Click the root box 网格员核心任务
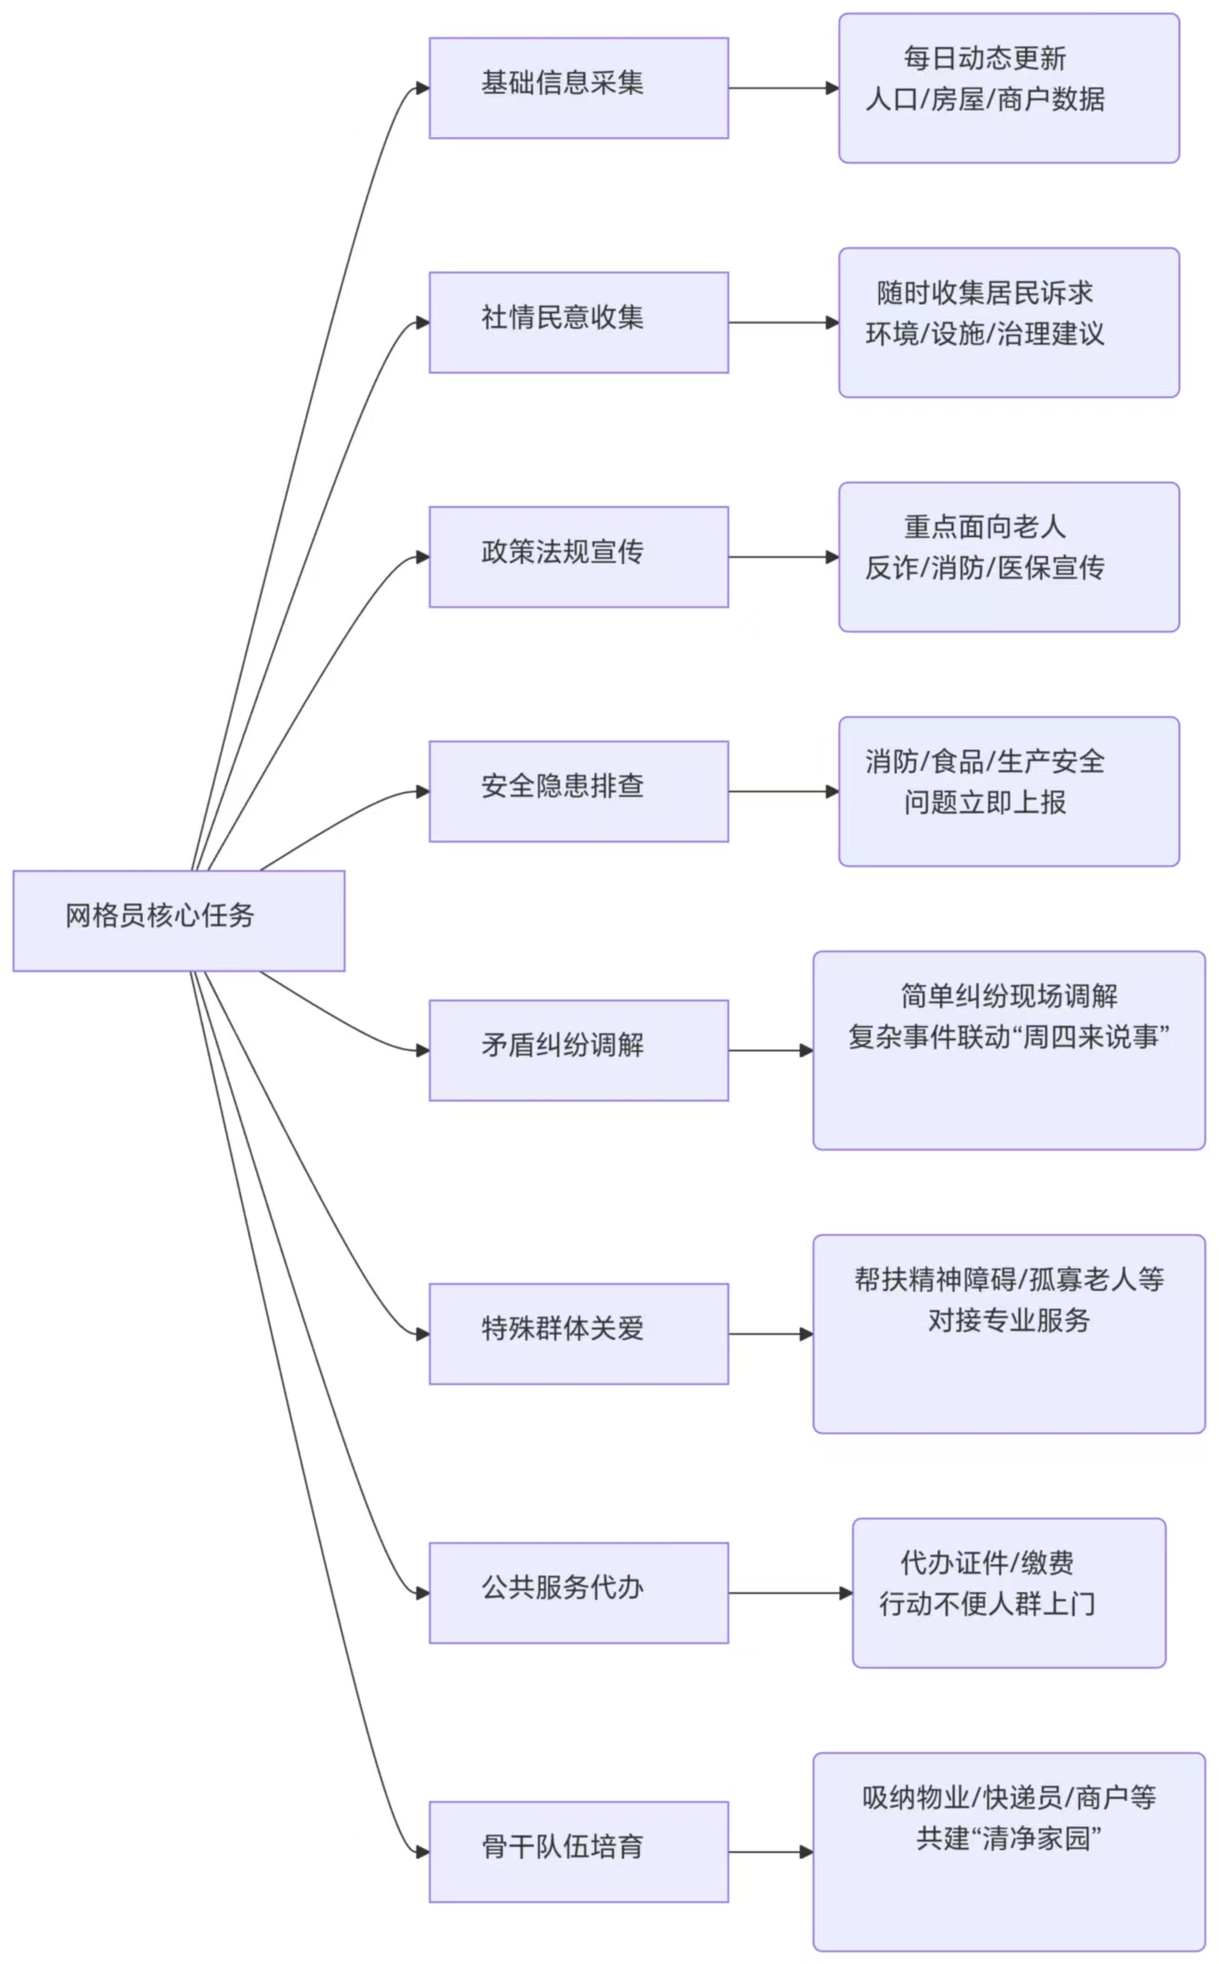[x=179, y=920]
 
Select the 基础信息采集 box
[x=578, y=88]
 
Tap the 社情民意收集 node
[x=578, y=322]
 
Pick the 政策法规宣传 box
[x=578, y=556]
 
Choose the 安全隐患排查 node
[x=578, y=790]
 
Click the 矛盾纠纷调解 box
[x=578, y=1049]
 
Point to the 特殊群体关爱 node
[x=578, y=1333]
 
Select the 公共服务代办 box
[x=578, y=1592]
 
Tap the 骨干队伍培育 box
[x=578, y=1851]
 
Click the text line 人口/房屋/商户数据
[x=985, y=99]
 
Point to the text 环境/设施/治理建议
[x=985, y=333]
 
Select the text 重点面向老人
[x=985, y=526]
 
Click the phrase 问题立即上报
[x=985, y=803]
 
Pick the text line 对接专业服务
[x=1009, y=1319]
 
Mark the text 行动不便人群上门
[x=987, y=1604]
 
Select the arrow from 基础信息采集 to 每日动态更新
[x=783, y=89]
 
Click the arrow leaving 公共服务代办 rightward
[x=789, y=1593]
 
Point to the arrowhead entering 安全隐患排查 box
[x=422, y=791]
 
